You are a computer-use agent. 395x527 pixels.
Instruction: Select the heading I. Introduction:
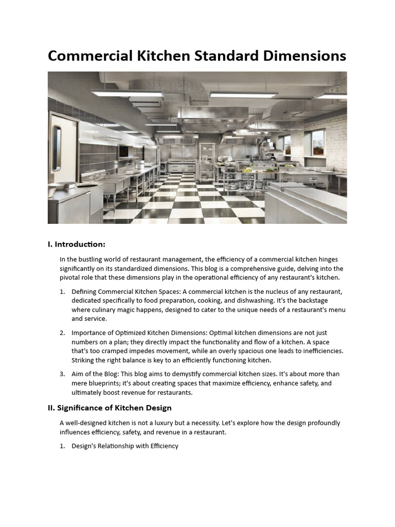[77, 244]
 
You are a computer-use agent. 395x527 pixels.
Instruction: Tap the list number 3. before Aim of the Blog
[62, 374]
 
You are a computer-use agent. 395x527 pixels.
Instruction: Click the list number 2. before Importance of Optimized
[62, 332]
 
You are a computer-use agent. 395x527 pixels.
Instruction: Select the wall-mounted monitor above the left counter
[124, 150]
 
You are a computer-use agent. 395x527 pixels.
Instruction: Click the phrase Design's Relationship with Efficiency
[125, 446]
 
